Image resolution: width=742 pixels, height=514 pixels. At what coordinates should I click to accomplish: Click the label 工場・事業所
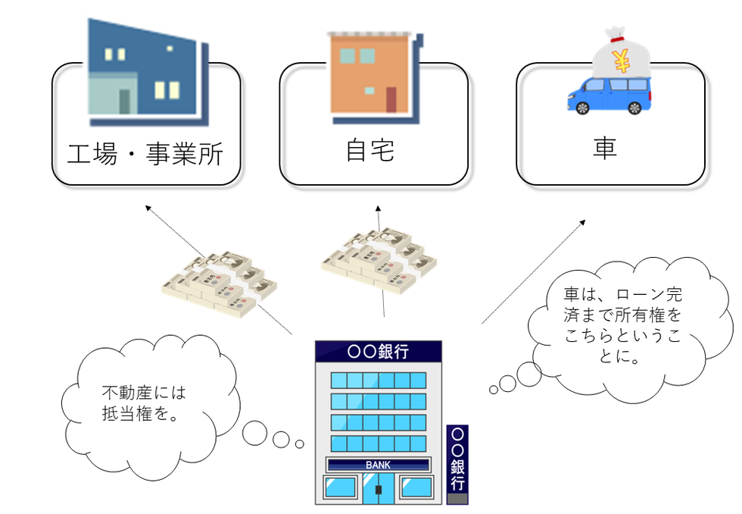point(145,153)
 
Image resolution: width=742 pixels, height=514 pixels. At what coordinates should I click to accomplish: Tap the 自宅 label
point(370,150)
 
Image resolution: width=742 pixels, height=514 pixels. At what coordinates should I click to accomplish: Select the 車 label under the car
point(605,147)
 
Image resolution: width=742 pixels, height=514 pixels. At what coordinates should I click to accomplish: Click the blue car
point(609,96)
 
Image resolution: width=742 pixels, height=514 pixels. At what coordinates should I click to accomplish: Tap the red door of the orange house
point(391,99)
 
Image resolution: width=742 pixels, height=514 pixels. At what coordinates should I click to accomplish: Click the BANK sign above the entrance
point(378,465)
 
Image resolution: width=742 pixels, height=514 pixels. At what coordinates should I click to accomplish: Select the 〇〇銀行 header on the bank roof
point(378,352)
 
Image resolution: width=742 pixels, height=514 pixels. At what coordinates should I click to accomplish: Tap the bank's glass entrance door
point(378,488)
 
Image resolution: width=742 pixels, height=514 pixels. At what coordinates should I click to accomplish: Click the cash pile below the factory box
point(219,284)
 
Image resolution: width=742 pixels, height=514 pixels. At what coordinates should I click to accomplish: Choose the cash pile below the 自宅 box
point(379,260)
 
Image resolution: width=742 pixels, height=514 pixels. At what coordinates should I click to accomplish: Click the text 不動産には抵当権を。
point(144,403)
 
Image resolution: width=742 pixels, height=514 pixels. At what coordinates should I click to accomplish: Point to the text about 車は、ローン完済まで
point(622,324)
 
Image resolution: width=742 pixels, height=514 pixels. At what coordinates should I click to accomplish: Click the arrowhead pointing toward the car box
point(583,222)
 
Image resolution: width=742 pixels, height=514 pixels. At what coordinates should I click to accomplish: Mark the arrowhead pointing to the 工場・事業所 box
point(148,208)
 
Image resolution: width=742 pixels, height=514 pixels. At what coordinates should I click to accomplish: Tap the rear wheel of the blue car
point(634,108)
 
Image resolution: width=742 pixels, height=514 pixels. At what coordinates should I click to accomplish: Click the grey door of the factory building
point(124,102)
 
